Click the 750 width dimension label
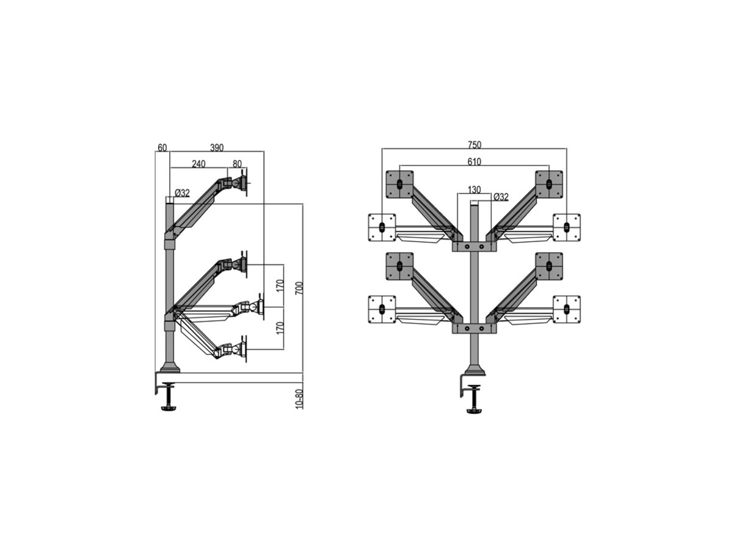475,145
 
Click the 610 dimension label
474,162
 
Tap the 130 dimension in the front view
474,190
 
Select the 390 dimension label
217,148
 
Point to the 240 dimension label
199,164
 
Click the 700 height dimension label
299,288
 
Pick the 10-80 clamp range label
299,398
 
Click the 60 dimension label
162,148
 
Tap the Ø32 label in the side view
182,193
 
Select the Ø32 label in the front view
500,197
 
